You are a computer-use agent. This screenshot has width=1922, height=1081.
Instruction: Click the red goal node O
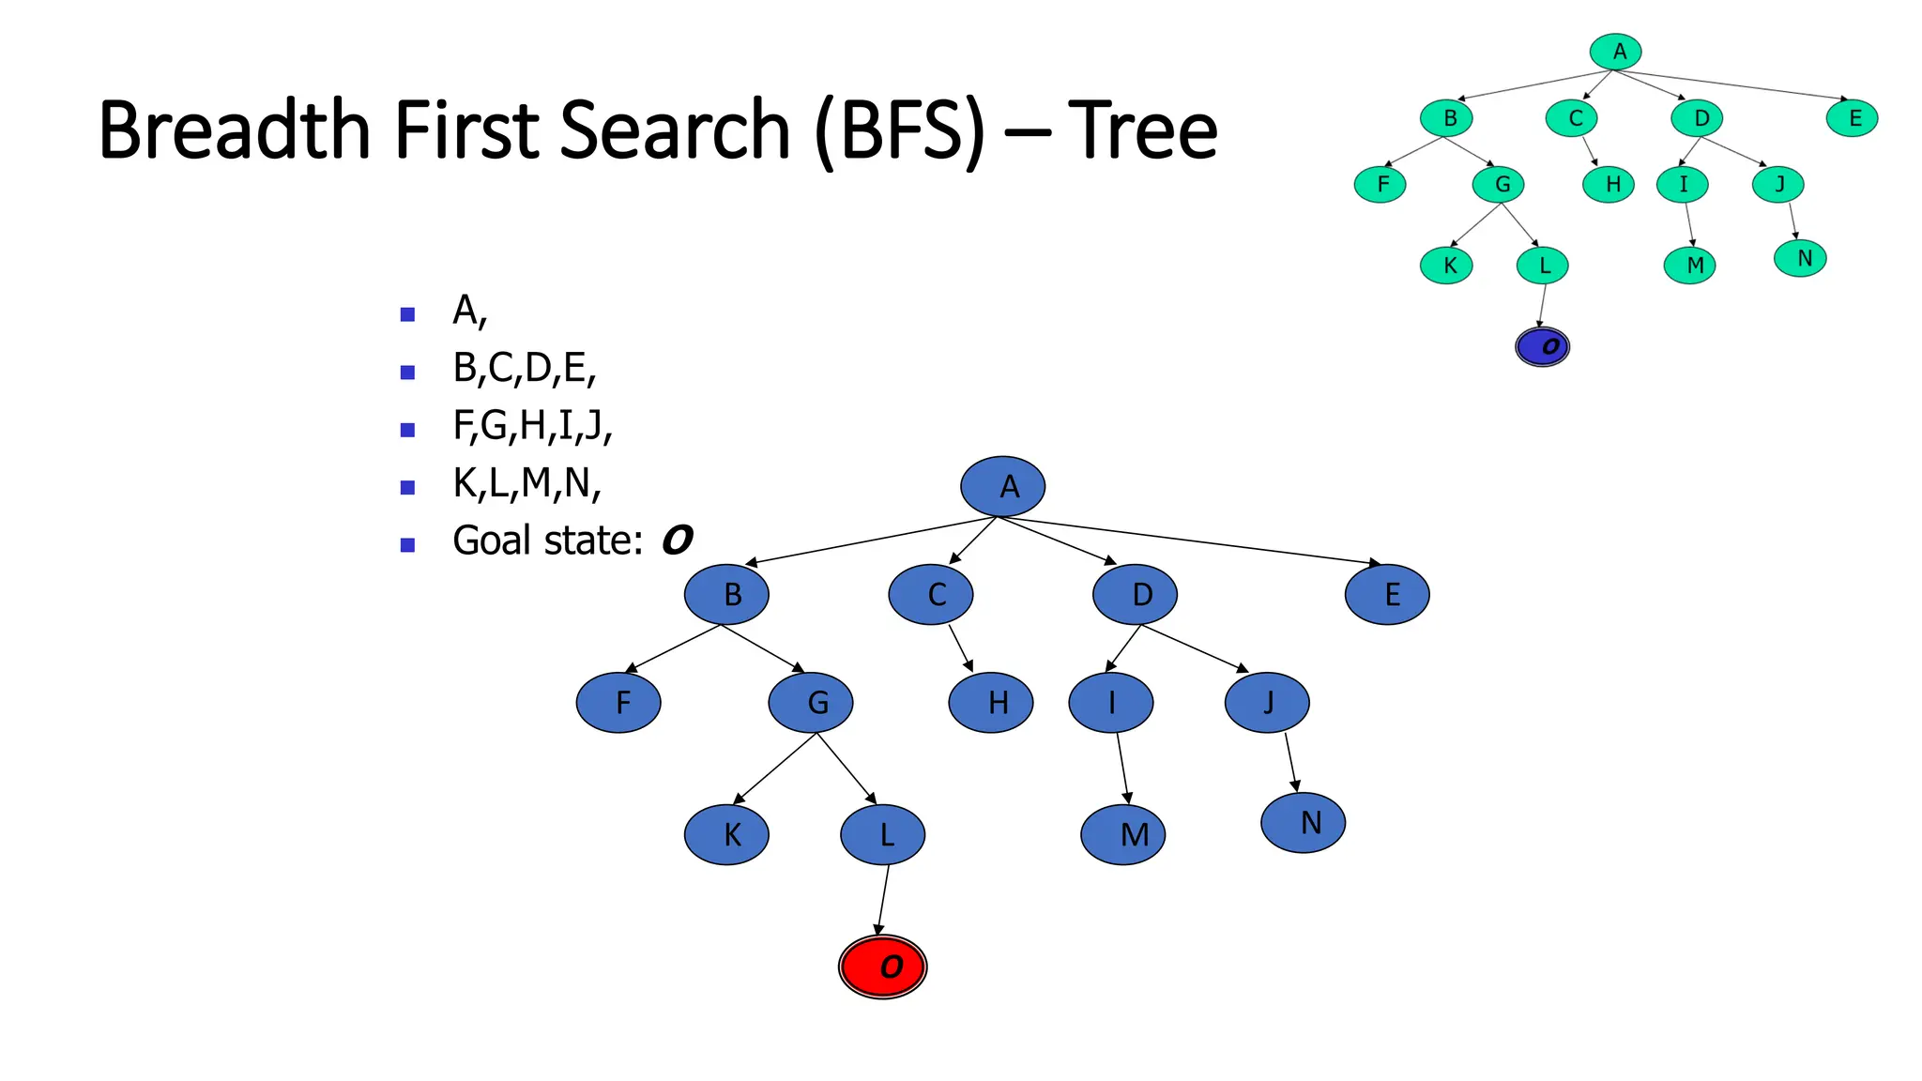[882, 967]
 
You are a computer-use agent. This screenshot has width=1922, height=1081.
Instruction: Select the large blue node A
[1002, 486]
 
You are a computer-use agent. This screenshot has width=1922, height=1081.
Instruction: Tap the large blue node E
[1387, 594]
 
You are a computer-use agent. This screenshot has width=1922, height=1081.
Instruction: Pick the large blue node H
[991, 702]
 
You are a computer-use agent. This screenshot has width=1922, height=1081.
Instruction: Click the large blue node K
[726, 834]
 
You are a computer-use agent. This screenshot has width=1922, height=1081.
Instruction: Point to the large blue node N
[1303, 822]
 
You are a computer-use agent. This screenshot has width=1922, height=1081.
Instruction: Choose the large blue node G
[811, 702]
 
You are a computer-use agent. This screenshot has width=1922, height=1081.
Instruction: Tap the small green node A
[1616, 52]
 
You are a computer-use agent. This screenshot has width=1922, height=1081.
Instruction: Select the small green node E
[1853, 118]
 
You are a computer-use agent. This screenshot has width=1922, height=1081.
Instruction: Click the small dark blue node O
[1542, 346]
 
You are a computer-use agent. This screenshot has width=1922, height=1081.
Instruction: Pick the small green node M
[1689, 266]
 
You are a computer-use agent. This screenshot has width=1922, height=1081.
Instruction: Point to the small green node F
[1380, 184]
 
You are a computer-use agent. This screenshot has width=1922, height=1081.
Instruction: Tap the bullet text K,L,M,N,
[526, 483]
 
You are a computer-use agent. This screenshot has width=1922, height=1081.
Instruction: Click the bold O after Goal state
[677, 540]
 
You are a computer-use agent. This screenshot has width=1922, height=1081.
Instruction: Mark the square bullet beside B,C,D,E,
[407, 373]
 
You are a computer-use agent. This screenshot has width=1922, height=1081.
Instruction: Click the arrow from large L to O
[883, 899]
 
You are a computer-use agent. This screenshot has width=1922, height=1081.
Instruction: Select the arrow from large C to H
[959, 647]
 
